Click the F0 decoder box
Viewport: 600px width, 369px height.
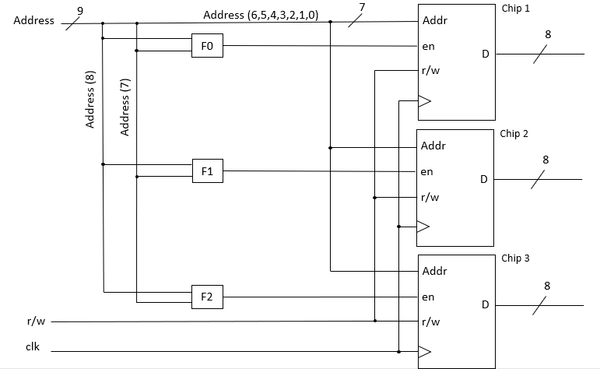coord(207,47)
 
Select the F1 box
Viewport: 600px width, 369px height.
coord(207,171)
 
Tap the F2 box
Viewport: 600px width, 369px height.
coord(207,297)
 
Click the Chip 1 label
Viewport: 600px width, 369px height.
coord(515,8)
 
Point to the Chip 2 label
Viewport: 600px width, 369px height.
coord(514,134)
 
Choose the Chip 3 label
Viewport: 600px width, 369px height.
coord(515,258)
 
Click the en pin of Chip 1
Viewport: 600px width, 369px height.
coord(428,47)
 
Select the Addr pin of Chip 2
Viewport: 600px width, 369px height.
coord(433,146)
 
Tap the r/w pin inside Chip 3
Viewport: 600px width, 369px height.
coord(430,321)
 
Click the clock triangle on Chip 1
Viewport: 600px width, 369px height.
coord(424,100)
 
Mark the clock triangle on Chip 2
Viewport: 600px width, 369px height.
coord(424,227)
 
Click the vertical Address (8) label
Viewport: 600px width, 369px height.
coord(90,100)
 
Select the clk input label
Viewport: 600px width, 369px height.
coord(33,347)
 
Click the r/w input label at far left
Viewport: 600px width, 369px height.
coord(34,322)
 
